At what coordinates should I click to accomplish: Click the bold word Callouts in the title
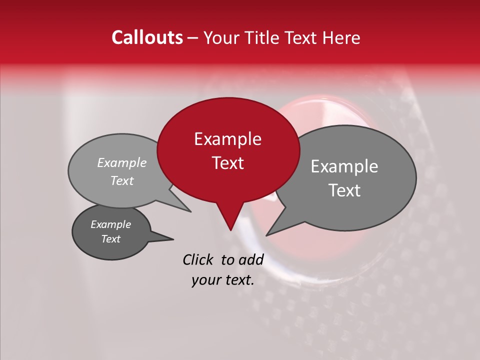[147, 37]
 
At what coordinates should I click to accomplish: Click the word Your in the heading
[219, 37]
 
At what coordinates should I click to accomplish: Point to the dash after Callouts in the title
[193, 38]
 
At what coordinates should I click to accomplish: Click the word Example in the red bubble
[227, 139]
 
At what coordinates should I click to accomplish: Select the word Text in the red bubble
[227, 163]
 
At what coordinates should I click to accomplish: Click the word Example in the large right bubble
[344, 166]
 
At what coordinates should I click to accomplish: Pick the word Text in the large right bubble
[344, 190]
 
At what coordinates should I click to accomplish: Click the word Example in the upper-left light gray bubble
[122, 162]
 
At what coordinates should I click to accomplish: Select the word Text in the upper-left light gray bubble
[122, 180]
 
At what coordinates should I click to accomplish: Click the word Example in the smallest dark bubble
[110, 224]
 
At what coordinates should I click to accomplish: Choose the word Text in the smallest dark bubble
[110, 239]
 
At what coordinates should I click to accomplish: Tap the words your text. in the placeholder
[222, 280]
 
